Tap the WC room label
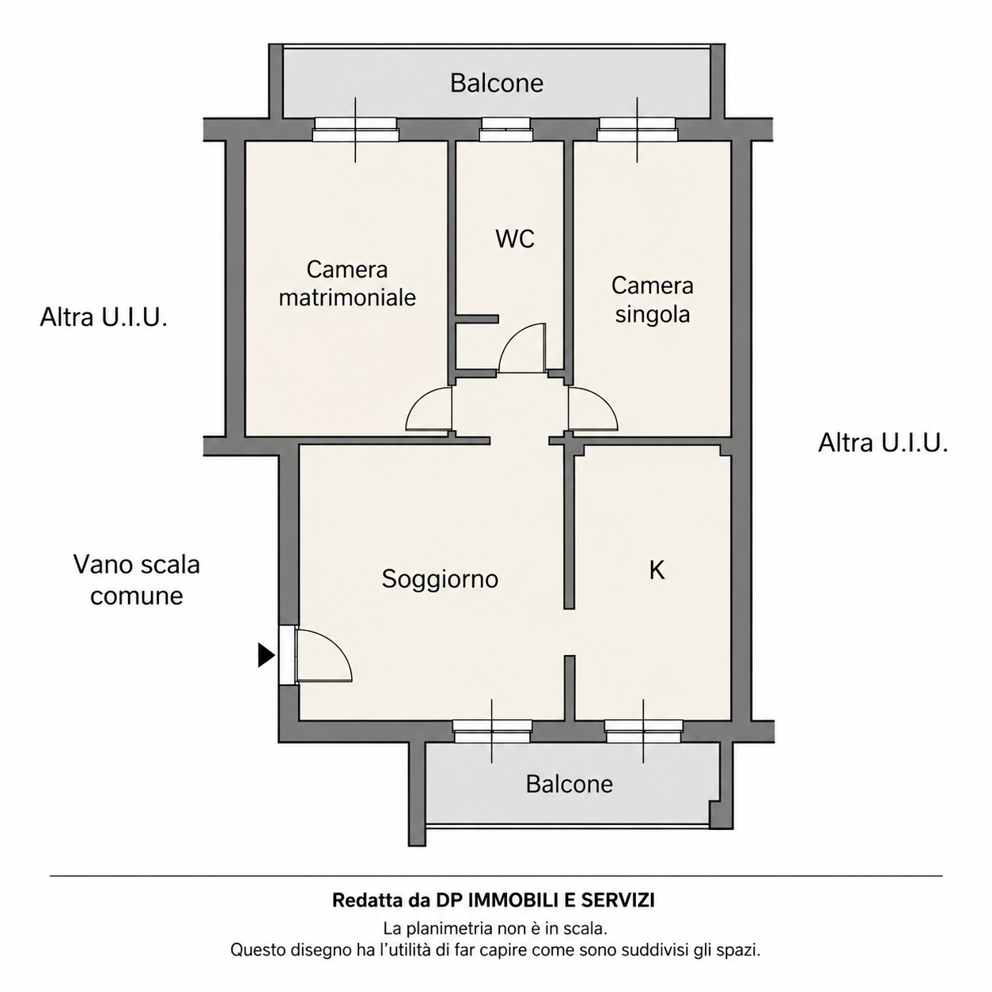(x=515, y=239)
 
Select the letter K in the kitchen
(x=657, y=570)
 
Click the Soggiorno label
(x=440, y=580)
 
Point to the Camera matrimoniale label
(x=347, y=284)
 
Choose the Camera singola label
(x=653, y=300)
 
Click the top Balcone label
(x=497, y=83)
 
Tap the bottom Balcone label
(x=570, y=784)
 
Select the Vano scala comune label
(x=136, y=580)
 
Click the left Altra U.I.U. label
(x=104, y=317)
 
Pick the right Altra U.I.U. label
(x=883, y=443)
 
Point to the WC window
(x=505, y=129)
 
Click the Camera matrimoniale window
(x=356, y=129)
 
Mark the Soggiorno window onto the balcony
(x=492, y=731)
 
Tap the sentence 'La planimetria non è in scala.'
(x=495, y=929)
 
